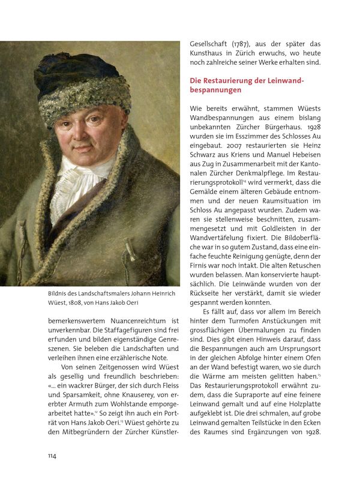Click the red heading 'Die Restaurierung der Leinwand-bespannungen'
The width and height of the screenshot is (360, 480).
coord(247,85)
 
